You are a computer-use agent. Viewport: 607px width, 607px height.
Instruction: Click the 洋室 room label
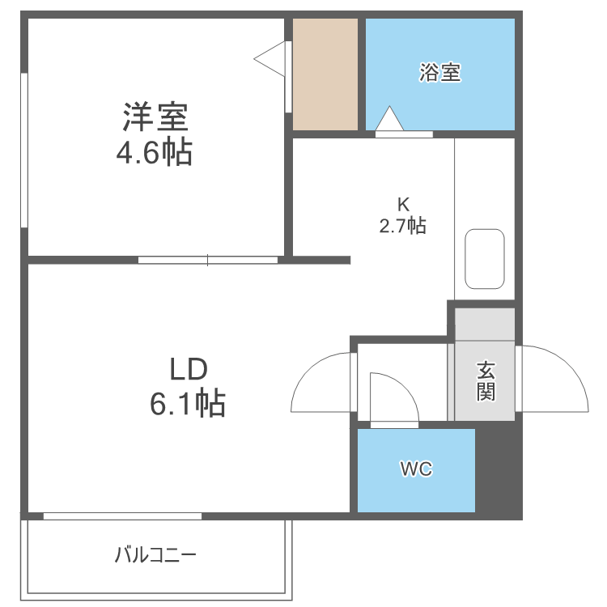156,118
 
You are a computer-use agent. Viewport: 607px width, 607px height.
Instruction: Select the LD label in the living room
189,369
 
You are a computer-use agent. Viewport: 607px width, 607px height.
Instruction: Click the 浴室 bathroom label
440,73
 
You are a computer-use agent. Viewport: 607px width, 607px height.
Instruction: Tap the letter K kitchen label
402,203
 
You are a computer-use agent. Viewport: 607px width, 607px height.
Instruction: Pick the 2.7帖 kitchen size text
402,226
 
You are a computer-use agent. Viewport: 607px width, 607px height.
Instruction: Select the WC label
416,469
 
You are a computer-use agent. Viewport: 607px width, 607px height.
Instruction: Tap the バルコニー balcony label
155,555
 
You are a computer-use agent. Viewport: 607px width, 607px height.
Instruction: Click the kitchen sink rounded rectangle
485,258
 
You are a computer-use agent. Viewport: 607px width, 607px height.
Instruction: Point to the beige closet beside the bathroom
325,74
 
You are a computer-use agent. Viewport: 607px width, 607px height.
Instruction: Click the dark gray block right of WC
498,469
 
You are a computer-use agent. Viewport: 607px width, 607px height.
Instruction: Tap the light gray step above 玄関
485,324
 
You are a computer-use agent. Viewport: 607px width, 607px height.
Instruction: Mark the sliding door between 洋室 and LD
208,261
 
